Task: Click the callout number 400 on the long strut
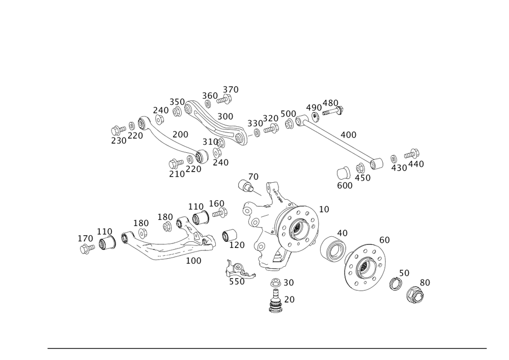pyautogui.click(x=349, y=135)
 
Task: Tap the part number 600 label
pyautogui.click(x=345, y=186)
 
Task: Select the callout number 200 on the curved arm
pyautogui.click(x=181, y=134)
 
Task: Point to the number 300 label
pyautogui.click(x=225, y=116)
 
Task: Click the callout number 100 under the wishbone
pyautogui.click(x=194, y=260)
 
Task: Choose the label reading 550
pyautogui.click(x=237, y=281)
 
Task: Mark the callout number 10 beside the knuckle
pyautogui.click(x=324, y=209)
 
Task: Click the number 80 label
pyautogui.click(x=425, y=282)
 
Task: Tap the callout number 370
pyautogui.click(x=231, y=90)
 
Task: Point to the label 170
pyautogui.click(x=85, y=238)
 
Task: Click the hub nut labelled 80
pyautogui.click(x=415, y=295)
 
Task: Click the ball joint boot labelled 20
pyautogui.click(x=276, y=304)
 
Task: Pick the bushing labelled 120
pyautogui.click(x=230, y=235)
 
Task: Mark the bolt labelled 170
pyautogui.click(x=87, y=248)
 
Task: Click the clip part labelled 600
pyautogui.click(x=343, y=173)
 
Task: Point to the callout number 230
pyautogui.click(x=119, y=141)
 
